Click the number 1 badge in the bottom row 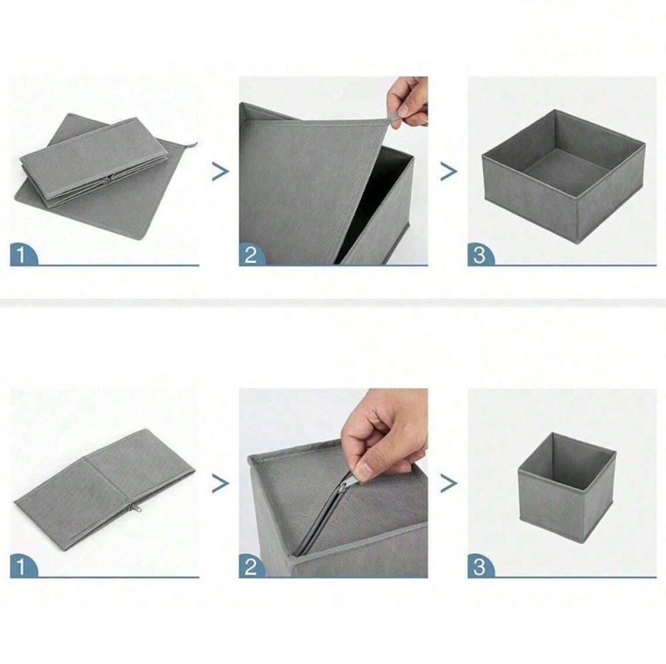[23, 566]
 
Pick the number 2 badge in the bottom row [252, 566]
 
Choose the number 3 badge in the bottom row [480, 566]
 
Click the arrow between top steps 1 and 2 [220, 172]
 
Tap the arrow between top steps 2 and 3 [449, 172]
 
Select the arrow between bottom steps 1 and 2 [220, 483]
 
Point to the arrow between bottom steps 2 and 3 [449, 483]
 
